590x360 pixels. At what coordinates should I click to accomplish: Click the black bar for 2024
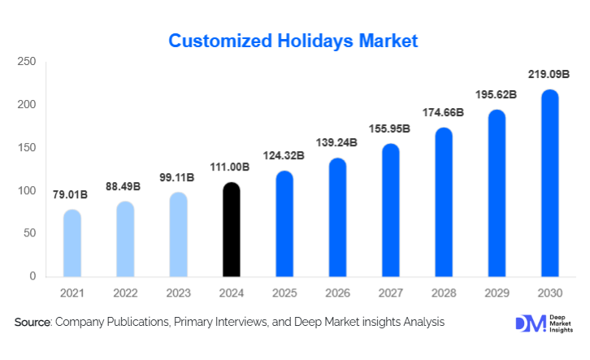232,230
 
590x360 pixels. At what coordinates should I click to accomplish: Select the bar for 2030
550,184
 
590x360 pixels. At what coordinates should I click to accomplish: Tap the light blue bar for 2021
72,243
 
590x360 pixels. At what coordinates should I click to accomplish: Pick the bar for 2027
391,210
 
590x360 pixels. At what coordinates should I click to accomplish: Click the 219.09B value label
550,76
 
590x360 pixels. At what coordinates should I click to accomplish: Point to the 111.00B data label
232,167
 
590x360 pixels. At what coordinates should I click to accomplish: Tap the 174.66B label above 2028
444,112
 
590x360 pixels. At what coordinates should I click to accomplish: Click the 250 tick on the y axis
27,62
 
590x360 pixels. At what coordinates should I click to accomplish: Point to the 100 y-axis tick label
27,191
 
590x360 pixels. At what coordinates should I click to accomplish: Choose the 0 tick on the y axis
33,276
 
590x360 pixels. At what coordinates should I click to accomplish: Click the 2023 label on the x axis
179,292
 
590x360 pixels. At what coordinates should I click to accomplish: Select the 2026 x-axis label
338,292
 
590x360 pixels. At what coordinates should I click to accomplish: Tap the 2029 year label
497,292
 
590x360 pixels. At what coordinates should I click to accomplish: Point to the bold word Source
32,323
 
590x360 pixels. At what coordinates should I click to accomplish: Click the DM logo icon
530,323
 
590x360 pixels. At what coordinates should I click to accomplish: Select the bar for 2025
284,223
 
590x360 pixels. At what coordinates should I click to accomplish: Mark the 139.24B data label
338,141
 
